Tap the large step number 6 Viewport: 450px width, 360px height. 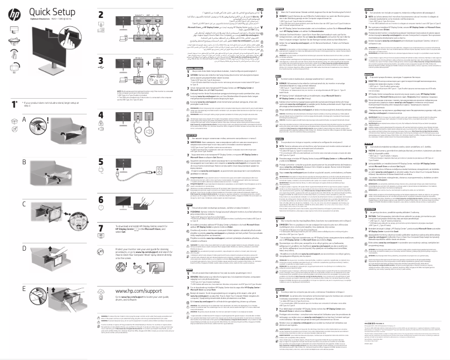tap(101, 200)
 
